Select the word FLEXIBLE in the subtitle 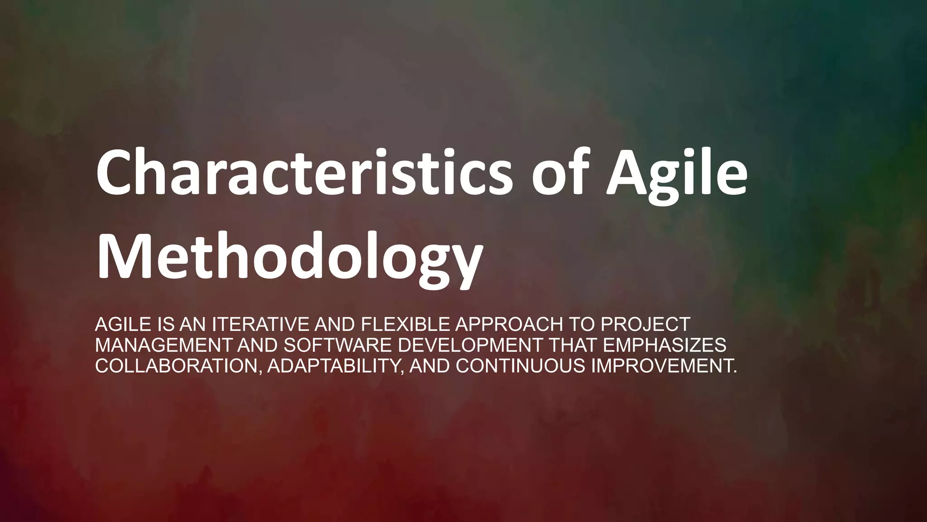(406, 324)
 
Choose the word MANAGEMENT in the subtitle (163, 345)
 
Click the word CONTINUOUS (521, 366)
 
